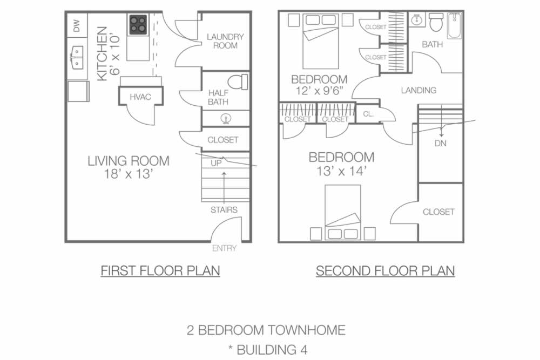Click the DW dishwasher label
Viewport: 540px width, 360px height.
tap(77, 26)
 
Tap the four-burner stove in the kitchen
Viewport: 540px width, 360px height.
tap(138, 25)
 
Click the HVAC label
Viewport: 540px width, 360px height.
tap(140, 97)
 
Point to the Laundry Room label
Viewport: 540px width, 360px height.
tap(225, 41)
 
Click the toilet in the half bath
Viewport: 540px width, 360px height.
tap(237, 82)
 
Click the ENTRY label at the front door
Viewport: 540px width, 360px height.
tap(224, 248)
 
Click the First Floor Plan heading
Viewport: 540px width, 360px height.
tap(160, 270)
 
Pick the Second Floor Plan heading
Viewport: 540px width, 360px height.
tap(385, 270)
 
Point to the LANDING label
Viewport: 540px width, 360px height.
tap(418, 90)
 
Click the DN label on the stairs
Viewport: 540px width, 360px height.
tap(441, 144)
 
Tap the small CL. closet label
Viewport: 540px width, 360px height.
tap(368, 114)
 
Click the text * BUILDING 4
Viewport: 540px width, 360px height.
tap(266, 350)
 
